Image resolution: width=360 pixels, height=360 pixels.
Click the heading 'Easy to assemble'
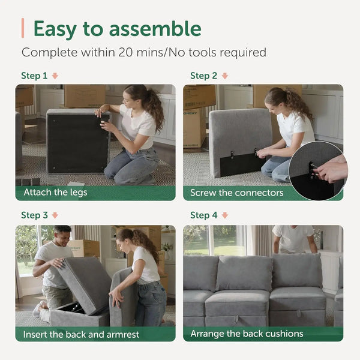coord(117,28)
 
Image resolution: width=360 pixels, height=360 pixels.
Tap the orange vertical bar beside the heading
coord(23,28)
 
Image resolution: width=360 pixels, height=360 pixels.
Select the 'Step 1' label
coord(34,76)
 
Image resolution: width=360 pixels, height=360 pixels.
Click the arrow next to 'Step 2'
coord(225,76)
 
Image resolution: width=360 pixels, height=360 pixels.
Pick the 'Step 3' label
coord(34,215)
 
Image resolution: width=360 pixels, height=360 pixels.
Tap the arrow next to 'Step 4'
coord(225,215)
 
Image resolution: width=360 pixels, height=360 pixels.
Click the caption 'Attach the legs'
coord(55,193)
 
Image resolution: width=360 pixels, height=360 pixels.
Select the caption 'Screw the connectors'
coord(236,193)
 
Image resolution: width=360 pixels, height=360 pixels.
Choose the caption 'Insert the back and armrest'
coord(81,334)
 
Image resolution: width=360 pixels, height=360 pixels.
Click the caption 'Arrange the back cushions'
coord(247,334)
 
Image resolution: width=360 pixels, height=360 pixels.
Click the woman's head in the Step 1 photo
coord(136,97)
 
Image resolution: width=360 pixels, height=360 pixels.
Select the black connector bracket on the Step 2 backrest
coord(243,164)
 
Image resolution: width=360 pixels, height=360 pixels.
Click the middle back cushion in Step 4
coord(243,273)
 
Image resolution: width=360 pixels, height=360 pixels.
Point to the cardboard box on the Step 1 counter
coord(84,95)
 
